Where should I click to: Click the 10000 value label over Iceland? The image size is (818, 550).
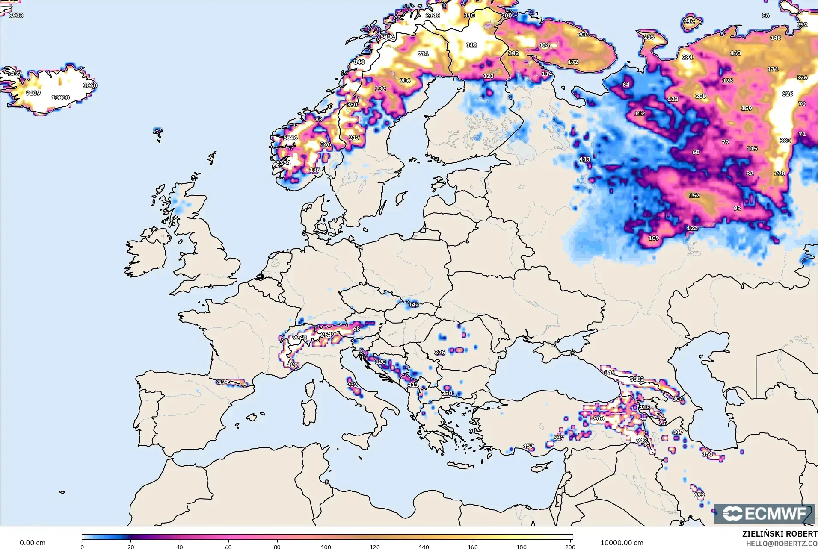click(x=60, y=97)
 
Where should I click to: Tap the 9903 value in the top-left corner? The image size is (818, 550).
click(x=16, y=15)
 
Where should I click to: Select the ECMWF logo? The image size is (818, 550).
click(x=764, y=514)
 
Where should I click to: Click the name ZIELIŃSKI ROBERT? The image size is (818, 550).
click(x=779, y=534)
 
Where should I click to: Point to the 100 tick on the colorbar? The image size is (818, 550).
click(x=326, y=547)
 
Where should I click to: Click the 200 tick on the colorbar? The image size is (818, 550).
click(x=570, y=547)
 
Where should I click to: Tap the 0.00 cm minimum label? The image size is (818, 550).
click(x=33, y=543)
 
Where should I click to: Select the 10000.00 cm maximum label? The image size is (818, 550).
click(x=622, y=543)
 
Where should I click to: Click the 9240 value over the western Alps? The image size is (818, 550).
click(x=299, y=338)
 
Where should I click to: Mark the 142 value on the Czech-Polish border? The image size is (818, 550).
click(x=413, y=305)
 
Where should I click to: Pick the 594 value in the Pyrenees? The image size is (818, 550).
click(x=223, y=382)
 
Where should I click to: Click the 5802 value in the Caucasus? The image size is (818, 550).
click(x=637, y=379)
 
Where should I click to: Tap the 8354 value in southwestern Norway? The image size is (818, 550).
click(x=283, y=163)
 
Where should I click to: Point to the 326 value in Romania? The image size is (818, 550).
click(x=439, y=353)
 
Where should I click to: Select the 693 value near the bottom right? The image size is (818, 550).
click(x=699, y=494)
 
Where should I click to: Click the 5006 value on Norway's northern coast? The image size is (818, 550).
click(x=388, y=37)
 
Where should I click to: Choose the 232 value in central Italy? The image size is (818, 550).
click(x=352, y=385)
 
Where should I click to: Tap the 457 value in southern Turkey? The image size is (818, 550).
click(x=528, y=446)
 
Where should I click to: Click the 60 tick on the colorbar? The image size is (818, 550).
click(x=228, y=547)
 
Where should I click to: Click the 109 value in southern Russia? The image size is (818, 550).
click(x=653, y=238)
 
